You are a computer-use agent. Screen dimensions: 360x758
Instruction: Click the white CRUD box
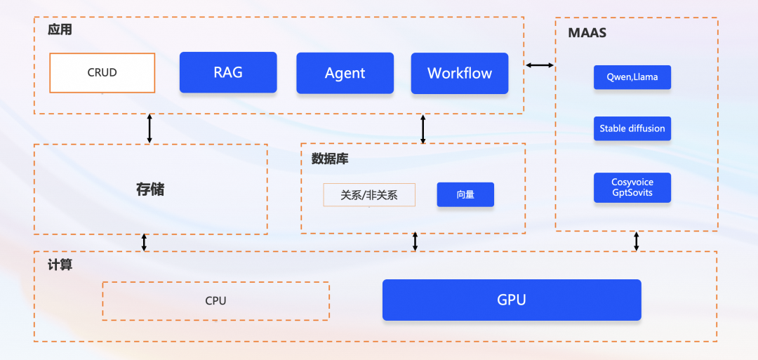coord(102,73)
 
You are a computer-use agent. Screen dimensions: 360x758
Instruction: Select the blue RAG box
coord(228,72)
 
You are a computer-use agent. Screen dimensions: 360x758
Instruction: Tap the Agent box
coord(345,73)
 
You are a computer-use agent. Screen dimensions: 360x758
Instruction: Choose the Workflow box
coord(460,73)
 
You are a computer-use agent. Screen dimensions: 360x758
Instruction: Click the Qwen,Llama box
coord(632,77)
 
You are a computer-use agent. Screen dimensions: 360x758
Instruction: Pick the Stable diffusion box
coord(632,129)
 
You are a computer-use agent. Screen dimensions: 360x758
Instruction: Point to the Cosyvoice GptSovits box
coord(632,187)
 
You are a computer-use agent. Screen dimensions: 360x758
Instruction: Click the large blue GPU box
coord(512,300)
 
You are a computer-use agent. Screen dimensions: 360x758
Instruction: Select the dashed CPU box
coord(215,301)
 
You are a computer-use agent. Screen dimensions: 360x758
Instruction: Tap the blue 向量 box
coord(465,194)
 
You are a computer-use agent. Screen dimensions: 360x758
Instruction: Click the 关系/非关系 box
coord(369,195)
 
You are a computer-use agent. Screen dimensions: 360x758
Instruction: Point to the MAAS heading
coord(587,33)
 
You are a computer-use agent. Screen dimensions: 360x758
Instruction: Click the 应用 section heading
coord(60,30)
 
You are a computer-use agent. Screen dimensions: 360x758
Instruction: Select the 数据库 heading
coord(330,159)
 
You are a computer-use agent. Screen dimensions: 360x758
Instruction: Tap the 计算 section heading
coord(60,265)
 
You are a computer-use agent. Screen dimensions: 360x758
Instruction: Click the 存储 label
coord(150,189)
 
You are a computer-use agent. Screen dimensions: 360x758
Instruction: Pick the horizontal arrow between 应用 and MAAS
coord(540,65)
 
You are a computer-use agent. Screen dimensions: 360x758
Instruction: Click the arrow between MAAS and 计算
coord(637,241)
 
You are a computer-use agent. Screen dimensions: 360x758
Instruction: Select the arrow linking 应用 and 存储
coord(149,129)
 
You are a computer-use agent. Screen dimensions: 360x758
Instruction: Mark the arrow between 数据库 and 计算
coord(415,241)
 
